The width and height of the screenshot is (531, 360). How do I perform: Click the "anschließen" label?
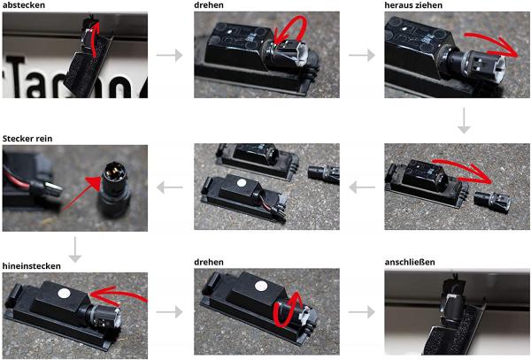(x=410, y=263)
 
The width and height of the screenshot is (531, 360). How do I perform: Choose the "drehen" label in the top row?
(x=208, y=5)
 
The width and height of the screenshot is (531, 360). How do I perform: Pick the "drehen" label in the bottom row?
(x=208, y=263)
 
